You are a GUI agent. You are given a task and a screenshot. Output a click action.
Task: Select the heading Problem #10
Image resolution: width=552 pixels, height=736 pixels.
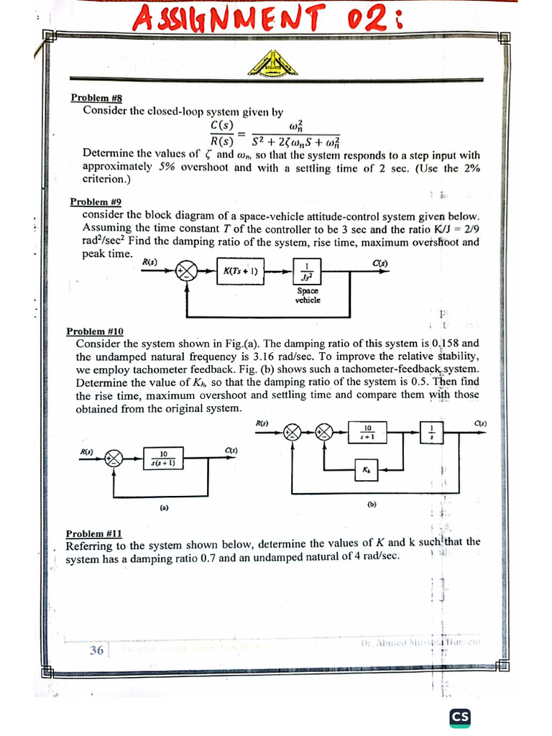click(x=95, y=331)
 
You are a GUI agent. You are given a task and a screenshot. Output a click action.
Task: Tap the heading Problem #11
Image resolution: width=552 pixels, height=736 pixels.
click(x=93, y=533)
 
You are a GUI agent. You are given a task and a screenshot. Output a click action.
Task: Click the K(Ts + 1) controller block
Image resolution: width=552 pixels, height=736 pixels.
click(x=241, y=272)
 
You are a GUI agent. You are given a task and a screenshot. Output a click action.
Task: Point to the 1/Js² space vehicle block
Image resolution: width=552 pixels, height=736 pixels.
click(x=308, y=272)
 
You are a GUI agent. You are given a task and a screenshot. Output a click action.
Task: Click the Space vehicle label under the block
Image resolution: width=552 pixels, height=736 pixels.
click(x=308, y=295)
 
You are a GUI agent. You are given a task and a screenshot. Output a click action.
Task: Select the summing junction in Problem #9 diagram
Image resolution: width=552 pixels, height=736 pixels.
click(x=187, y=272)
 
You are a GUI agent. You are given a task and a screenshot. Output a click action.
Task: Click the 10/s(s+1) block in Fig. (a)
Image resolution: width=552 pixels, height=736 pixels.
click(x=163, y=458)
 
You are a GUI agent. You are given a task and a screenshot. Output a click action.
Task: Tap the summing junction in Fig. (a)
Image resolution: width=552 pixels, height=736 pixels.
click(x=114, y=458)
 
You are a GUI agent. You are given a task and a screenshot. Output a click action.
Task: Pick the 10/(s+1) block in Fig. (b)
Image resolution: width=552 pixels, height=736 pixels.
click(x=367, y=431)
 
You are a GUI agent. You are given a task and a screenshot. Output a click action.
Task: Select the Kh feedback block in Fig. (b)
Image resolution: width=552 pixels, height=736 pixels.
click(x=367, y=471)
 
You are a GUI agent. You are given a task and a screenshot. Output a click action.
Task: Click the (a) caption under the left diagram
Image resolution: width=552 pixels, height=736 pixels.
click(x=164, y=507)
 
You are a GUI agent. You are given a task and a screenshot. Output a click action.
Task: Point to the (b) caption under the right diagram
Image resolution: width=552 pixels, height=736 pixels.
click(x=372, y=504)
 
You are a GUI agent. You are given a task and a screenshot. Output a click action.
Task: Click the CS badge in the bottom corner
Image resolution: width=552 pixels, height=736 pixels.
click(x=459, y=717)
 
